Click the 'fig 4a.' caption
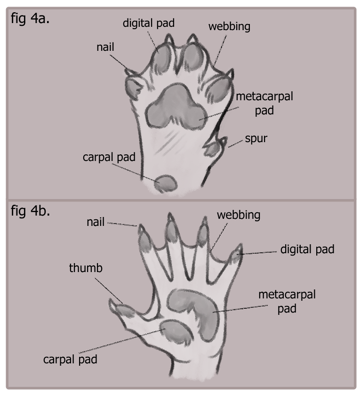[x=31, y=21]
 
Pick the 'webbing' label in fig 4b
[x=239, y=215]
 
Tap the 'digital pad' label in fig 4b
[x=307, y=249]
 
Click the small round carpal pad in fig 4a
[x=165, y=183]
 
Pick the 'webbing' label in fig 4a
[x=229, y=26]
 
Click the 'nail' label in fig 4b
[x=96, y=221]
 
